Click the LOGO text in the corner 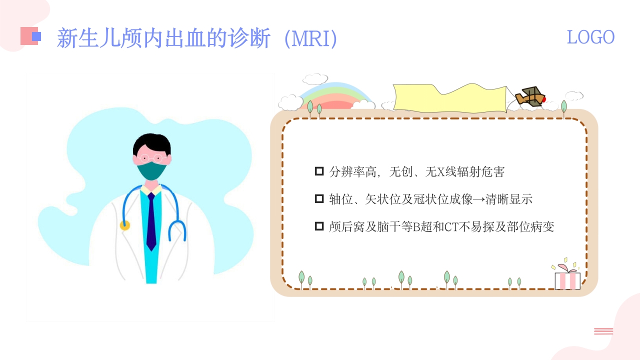point(590,37)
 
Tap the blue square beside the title point(36,36)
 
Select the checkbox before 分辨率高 point(319,171)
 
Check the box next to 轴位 point(319,199)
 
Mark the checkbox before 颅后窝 point(319,226)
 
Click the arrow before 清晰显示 point(479,199)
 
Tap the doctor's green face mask point(151,171)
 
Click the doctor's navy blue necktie point(151,221)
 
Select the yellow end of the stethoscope point(125,225)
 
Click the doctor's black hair point(152,143)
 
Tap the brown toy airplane point(530,97)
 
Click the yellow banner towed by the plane point(450,97)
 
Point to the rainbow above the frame point(336,94)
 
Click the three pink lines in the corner point(603,331)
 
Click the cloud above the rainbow point(315,79)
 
